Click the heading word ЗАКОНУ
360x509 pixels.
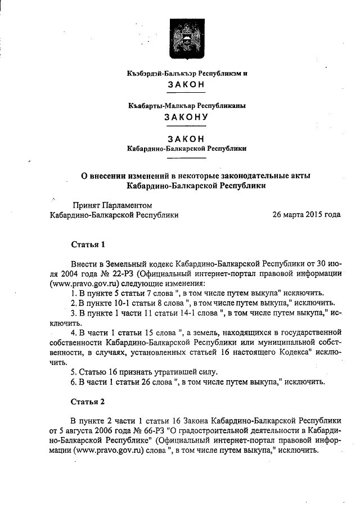pyautogui.click(x=186, y=118)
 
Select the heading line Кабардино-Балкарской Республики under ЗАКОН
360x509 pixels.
pyautogui.click(x=186, y=149)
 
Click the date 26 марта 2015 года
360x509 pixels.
pyautogui.click(x=306, y=214)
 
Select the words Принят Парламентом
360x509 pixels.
pyautogui.click(x=111, y=205)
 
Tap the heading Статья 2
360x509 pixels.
pyautogui.click(x=88, y=402)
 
